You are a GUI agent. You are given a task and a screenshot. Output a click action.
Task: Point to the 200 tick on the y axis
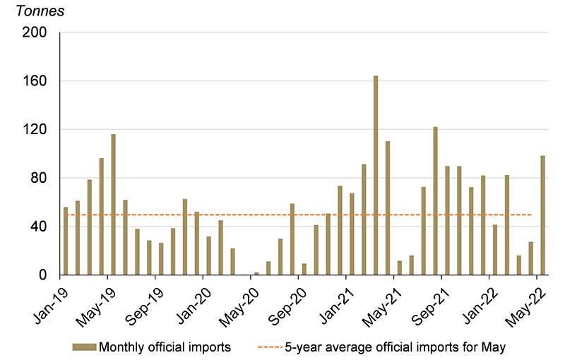(x=37, y=32)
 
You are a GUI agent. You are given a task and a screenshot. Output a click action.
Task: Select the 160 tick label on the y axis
(x=37, y=81)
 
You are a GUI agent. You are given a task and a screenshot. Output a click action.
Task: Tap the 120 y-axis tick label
(x=37, y=130)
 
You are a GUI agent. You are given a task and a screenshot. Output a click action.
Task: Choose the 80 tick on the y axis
(x=40, y=178)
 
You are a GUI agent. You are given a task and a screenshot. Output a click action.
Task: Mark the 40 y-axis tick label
(x=40, y=227)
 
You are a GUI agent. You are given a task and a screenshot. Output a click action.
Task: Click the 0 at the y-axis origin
(x=44, y=275)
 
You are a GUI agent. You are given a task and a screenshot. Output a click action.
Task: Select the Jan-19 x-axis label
(x=51, y=299)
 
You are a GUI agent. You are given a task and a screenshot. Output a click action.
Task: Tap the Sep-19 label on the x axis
(x=146, y=299)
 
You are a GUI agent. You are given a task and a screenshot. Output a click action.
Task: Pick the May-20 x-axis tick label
(x=242, y=299)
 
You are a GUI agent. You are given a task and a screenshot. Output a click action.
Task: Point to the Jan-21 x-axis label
(x=337, y=299)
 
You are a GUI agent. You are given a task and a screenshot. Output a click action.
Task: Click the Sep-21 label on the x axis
(x=432, y=299)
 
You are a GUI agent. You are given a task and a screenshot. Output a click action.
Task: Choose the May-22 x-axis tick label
(x=528, y=299)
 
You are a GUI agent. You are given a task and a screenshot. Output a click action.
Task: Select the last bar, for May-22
(x=542, y=215)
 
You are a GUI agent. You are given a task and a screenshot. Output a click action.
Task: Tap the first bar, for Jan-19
(x=66, y=241)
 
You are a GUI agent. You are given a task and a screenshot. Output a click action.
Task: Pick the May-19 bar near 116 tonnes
(x=113, y=205)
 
